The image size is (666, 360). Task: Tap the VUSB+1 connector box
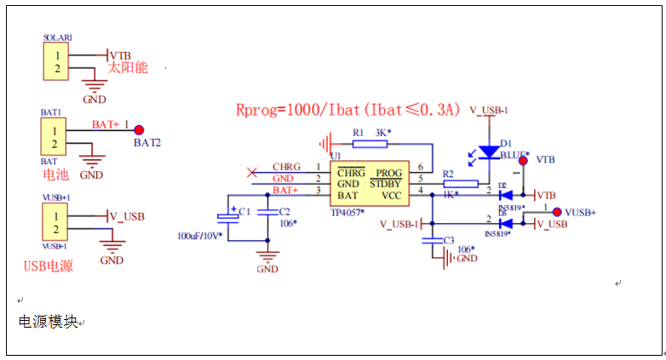(x=56, y=222)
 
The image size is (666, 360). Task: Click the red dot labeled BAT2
(x=138, y=128)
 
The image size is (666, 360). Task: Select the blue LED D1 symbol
(x=488, y=151)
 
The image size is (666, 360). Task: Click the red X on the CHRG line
(x=251, y=173)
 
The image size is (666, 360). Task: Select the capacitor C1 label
(x=244, y=211)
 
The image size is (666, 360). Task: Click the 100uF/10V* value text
(x=199, y=235)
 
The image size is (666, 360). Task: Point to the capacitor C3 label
(x=449, y=241)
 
